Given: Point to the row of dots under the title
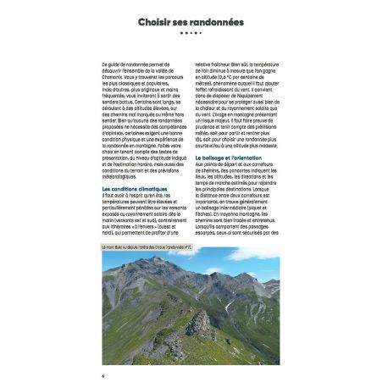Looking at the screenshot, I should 193,34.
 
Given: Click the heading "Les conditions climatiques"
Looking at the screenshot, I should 135,188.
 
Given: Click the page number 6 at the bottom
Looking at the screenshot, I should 103,374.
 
